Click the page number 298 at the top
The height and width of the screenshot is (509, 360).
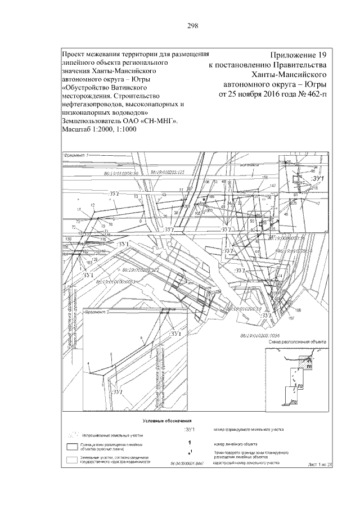coord(180,25)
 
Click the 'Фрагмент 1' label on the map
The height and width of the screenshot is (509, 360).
coord(76,155)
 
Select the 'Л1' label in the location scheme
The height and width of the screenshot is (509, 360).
coord(310,366)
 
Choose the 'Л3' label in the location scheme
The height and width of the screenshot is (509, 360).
coord(295,402)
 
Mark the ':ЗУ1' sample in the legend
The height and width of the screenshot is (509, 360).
coord(193,430)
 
